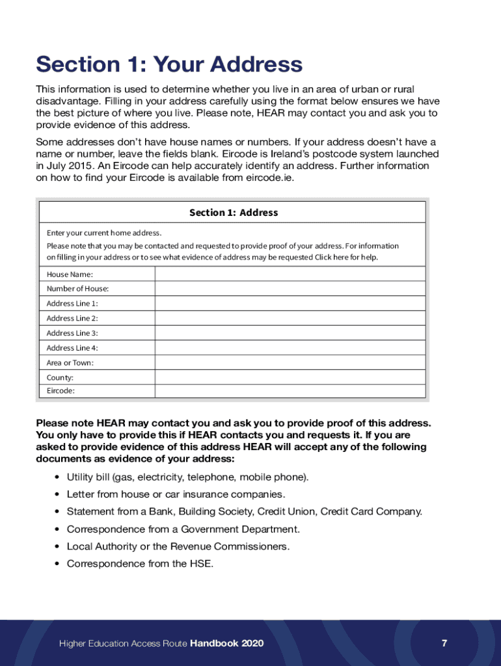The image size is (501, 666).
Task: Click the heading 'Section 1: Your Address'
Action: [169, 65]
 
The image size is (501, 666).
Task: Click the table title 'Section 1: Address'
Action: [233, 213]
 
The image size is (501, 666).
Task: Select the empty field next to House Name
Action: [290, 274]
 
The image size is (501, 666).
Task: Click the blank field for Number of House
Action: [290, 289]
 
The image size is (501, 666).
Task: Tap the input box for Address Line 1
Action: [290, 304]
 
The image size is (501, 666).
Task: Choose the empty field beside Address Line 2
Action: [290, 318]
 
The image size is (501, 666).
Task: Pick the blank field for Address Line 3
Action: [290, 333]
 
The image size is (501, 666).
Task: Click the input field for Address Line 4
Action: [290, 348]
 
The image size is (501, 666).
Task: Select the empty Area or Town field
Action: [290, 363]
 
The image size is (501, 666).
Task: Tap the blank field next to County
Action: [290, 377]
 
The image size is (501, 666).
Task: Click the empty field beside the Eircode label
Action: [290, 391]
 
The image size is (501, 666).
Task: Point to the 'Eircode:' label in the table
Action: [61, 391]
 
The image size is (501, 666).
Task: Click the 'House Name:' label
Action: [70, 274]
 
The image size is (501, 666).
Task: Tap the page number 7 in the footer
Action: [444, 643]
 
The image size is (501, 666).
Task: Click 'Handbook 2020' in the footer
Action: [227, 643]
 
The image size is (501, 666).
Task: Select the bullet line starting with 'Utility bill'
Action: [187, 477]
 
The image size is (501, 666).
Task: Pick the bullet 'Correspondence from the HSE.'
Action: [140, 564]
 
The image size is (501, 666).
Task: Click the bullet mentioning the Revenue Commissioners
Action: [178, 546]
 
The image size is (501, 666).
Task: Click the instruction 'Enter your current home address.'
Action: [104, 233]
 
